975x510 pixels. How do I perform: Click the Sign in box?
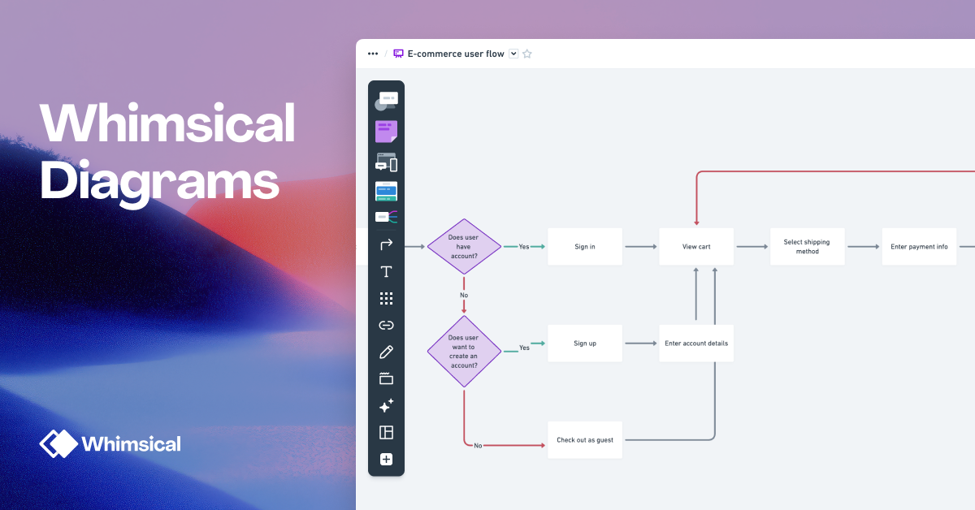[x=585, y=247]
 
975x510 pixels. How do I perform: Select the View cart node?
[x=696, y=247]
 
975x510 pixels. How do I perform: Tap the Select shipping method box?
[x=807, y=247]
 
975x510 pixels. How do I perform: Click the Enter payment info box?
[x=919, y=247]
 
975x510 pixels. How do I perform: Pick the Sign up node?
[x=585, y=344]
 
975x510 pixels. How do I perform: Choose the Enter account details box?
[x=696, y=344]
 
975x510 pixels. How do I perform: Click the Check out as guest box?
[x=585, y=440]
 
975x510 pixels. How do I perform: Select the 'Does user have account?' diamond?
[x=463, y=247]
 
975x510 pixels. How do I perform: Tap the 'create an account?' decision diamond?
[x=463, y=351]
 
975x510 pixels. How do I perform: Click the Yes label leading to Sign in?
[x=524, y=247]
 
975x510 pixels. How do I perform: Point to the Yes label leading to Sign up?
[x=524, y=348]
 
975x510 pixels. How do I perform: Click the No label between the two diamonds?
[x=464, y=295]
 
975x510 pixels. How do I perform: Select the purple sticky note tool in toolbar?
[x=386, y=131]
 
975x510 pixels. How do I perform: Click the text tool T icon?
[x=386, y=272]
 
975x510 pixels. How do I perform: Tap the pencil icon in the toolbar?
[x=386, y=352]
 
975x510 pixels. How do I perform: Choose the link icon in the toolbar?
[x=386, y=326]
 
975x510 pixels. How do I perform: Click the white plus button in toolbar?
[x=386, y=460]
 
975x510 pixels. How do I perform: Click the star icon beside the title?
[x=526, y=54]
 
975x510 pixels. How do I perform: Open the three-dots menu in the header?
[x=373, y=54]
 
